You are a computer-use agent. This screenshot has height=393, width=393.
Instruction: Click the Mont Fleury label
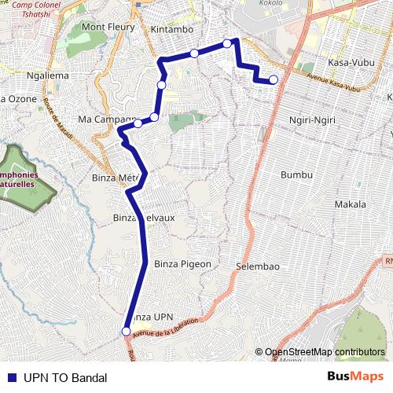108,28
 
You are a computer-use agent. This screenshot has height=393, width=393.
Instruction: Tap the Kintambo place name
171,29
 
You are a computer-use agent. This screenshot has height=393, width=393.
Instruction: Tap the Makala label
350,204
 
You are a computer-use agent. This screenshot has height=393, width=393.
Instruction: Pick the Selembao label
258,267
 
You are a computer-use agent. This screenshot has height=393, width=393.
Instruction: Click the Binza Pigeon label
183,264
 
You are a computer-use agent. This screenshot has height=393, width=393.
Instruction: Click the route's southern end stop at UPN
126,332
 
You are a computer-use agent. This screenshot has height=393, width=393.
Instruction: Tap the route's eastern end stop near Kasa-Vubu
274,79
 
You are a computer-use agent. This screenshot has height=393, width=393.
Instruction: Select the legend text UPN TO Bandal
64,377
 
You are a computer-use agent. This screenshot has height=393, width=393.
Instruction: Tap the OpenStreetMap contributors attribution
325,352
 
